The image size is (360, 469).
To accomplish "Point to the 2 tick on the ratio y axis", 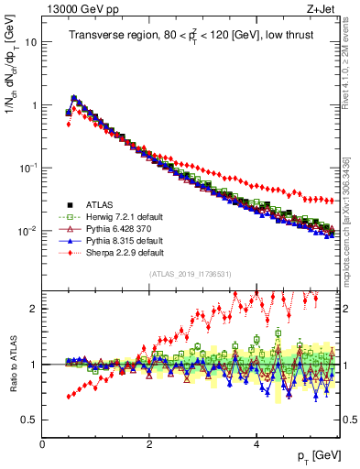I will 35,309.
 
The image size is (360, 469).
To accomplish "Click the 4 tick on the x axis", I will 256,444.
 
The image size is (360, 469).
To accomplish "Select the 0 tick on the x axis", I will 42,444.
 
